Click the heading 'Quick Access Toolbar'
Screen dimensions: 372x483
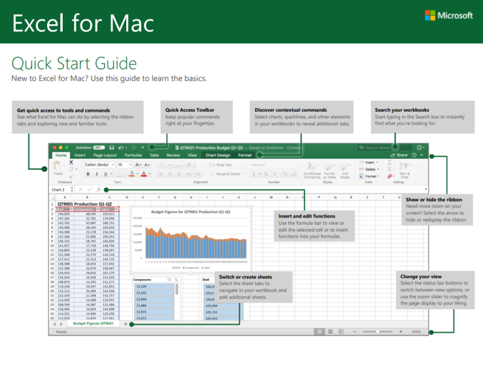pyautogui.click(x=190, y=110)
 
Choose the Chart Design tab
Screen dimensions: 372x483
pyautogui.click(x=218, y=155)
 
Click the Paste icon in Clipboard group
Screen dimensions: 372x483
pyautogui.click(x=58, y=167)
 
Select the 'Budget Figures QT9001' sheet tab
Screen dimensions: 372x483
pyautogui.click(x=94, y=324)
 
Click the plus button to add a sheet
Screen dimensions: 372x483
pyautogui.click(x=125, y=324)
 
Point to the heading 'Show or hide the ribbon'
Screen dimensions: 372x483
pyautogui.click(x=434, y=199)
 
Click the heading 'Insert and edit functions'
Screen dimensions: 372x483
pyautogui.click(x=307, y=216)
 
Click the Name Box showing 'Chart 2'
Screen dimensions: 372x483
pyautogui.click(x=59, y=189)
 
